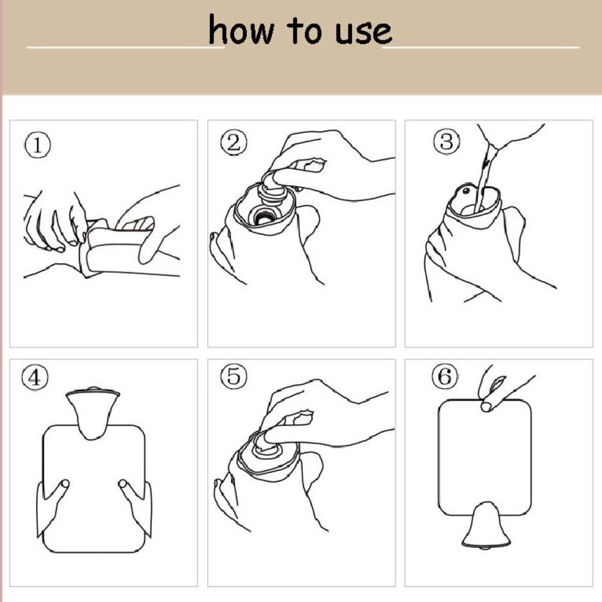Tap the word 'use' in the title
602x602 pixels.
363,33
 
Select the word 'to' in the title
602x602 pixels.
304,30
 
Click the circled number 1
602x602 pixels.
37,144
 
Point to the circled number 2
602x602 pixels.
234,142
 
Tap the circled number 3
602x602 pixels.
446,141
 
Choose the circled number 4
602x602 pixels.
34,377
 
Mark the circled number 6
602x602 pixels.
445,376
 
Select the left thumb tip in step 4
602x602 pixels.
64,483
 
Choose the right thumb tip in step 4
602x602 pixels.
122,483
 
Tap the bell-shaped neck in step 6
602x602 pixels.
486,524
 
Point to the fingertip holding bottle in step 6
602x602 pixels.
486,406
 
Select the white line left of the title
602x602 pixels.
125,48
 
